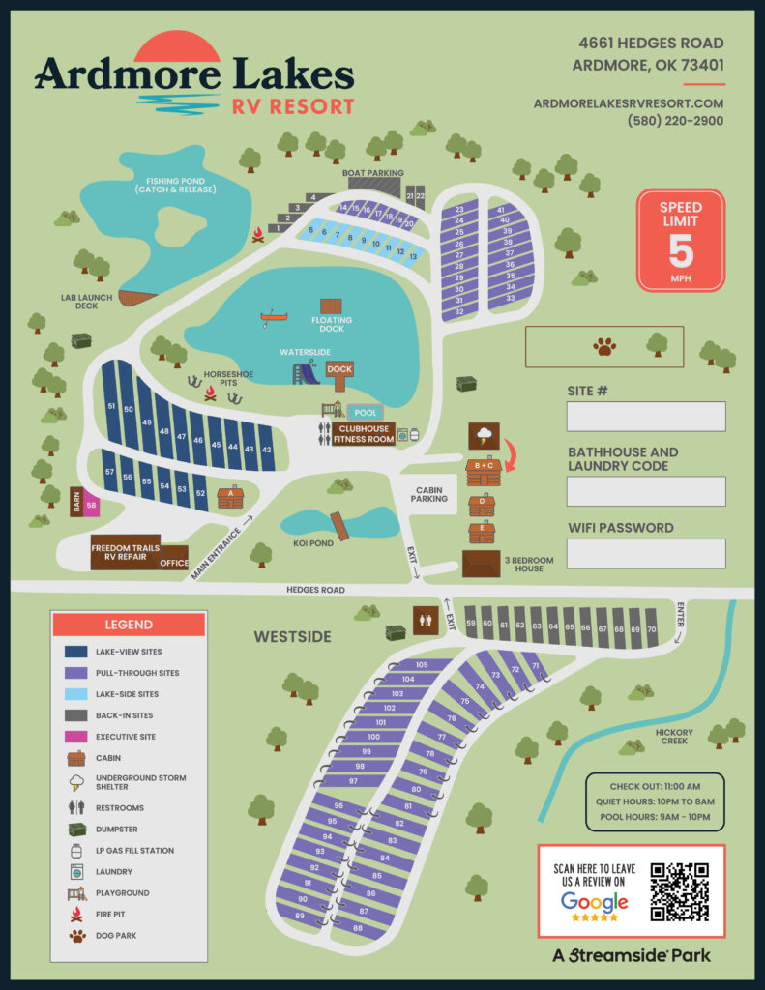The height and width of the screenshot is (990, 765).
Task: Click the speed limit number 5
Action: pyautogui.click(x=681, y=250)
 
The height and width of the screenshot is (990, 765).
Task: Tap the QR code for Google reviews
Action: pyautogui.click(x=679, y=890)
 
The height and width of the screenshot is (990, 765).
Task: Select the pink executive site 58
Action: pyautogui.click(x=91, y=505)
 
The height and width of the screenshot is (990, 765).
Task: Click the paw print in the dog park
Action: pyautogui.click(x=605, y=346)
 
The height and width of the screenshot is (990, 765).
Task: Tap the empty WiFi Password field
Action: pyautogui.click(x=646, y=554)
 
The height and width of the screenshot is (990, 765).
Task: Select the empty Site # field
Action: pyautogui.click(x=646, y=417)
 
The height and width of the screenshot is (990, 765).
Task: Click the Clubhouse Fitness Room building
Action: pyautogui.click(x=364, y=434)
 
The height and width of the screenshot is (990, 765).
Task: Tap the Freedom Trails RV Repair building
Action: pyautogui.click(x=125, y=554)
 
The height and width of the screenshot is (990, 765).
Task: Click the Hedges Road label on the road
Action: pyautogui.click(x=315, y=589)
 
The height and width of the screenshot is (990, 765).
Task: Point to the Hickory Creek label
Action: pyautogui.click(x=675, y=738)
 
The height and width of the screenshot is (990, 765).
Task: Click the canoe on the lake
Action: pyautogui.click(x=275, y=317)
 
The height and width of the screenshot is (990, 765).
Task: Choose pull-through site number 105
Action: pyautogui.click(x=421, y=665)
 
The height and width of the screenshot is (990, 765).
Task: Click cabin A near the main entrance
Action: pyautogui.click(x=230, y=497)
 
